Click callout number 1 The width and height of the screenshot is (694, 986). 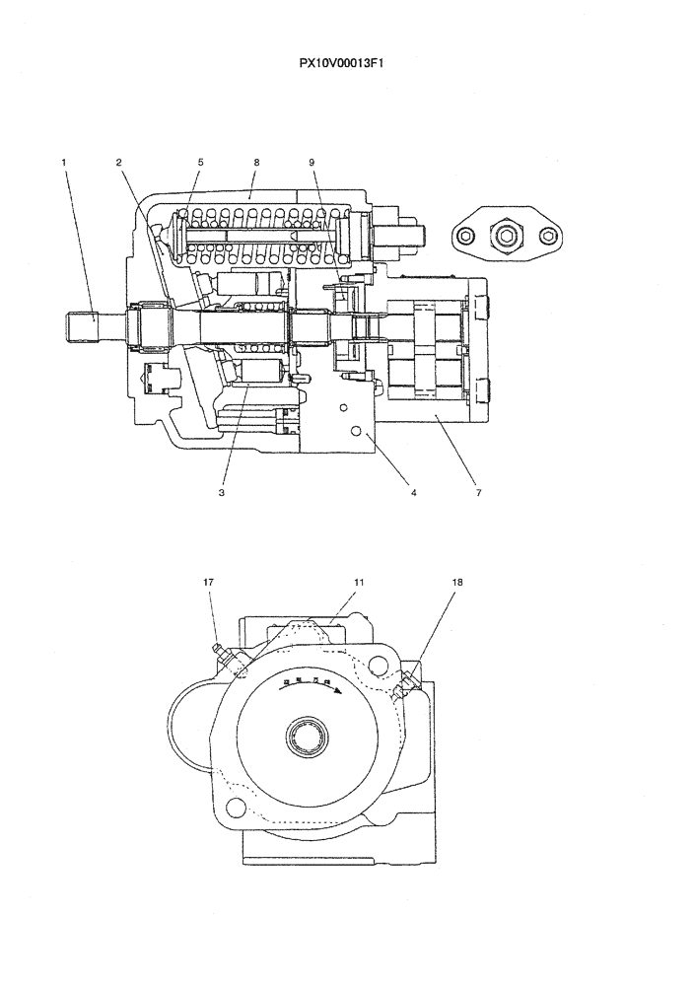coord(64,162)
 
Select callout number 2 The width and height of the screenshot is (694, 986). coord(118,162)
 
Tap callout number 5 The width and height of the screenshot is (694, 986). coord(199,162)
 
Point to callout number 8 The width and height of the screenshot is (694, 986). coord(255,162)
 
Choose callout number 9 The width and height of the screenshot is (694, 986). coord(312,162)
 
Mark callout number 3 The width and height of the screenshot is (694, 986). coord(222,491)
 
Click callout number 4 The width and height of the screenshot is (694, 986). coord(413,491)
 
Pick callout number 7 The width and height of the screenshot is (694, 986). coord(478,491)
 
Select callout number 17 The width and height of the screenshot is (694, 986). coord(208,582)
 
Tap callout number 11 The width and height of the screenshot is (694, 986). coord(359,582)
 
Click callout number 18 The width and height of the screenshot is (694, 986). coord(456,582)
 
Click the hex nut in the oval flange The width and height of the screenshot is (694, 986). coord(508,235)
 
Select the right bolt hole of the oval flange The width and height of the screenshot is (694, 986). coord(548,235)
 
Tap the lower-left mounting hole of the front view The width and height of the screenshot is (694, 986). coord(235,809)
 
